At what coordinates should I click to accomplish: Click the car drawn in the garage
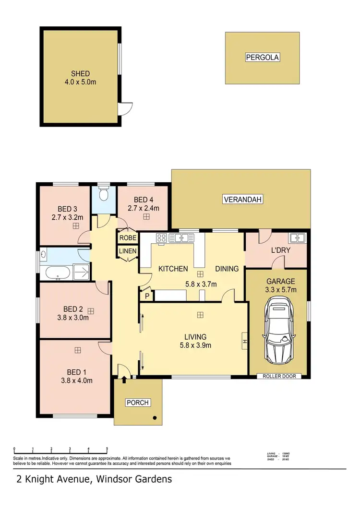(x=278, y=330)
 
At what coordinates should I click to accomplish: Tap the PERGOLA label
(x=262, y=58)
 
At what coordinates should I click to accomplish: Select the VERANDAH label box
(x=243, y=200)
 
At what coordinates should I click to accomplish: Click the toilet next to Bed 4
(x=103, y=194)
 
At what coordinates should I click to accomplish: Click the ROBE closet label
(x=128, y=238)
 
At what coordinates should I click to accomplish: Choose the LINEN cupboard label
(x=128, y=251)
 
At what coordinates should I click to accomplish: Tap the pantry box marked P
(x=145, y=296)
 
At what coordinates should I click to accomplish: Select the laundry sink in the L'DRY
(x=298, y=237)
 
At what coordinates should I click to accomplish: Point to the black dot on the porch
(x=155, y=418)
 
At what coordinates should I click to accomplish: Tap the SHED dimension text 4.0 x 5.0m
(x=81, y=82)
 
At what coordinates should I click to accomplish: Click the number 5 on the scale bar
(x=107, y=450)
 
